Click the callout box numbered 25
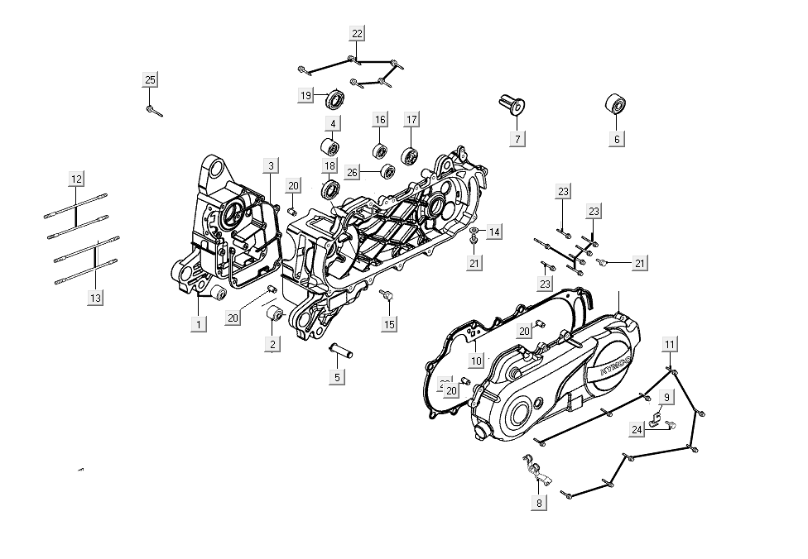(x=150, y=80)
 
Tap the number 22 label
(x=357, y=34)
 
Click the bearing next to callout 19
(x=335, y=99)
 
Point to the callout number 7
(x=517, y=139)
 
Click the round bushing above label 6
(x=615, y=105)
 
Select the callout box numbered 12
(x=76, y=179)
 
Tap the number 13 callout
(x=95, y=298)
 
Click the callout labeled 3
(x=271, y=166)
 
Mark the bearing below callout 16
(x=380, y=151)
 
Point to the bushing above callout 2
(x=274, y=314)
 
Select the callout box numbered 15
(x=389, y=324)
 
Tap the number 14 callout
(x=493, y=232)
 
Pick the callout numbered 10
(x=476, y=361)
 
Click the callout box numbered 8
(x=539, y=503)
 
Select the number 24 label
(x=637, y=430)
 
